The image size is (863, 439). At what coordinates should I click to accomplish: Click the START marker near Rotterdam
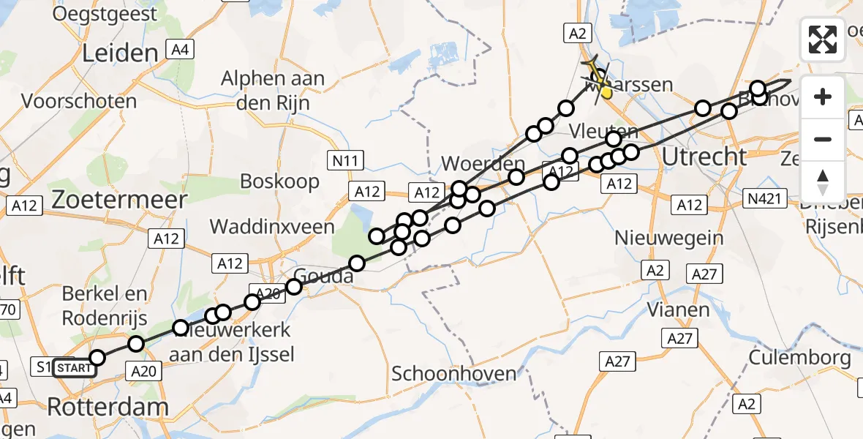[x=75, y=367]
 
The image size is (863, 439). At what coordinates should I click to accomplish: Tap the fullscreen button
[x=823, y=40]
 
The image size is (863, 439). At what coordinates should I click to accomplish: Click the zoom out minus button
[x=823, y=139]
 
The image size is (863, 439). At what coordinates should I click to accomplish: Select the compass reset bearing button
[x=823, y=181]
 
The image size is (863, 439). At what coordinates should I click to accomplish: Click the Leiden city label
[x=121, y=53]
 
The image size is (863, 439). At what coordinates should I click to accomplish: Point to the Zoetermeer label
[x=118, y=198]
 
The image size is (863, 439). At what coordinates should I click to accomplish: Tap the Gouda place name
[x=323, y=277]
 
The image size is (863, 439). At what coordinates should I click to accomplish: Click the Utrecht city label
[x=704, y=157]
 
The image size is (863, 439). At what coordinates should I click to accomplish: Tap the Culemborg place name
[x=800, y=359]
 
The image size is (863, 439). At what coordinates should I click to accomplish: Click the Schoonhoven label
[x=454, y=374]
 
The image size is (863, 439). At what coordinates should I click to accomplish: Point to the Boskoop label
[x=280, y=181]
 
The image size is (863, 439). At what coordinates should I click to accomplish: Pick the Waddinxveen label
[x=271, y=227]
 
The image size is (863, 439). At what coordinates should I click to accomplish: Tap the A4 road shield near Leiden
[x=179, y=50]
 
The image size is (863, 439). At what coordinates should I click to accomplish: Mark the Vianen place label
[x=677, y=309]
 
